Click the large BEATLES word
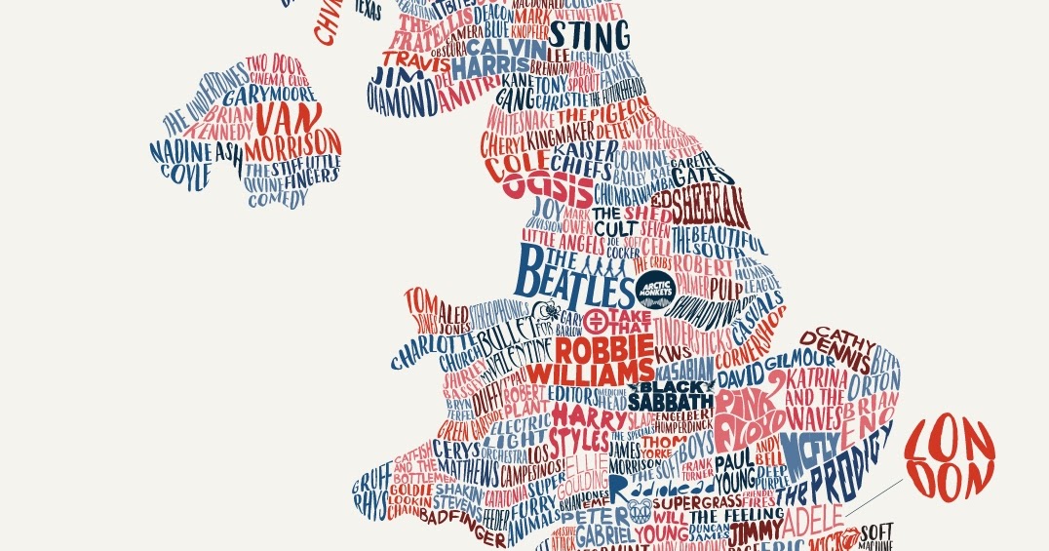[572, 274]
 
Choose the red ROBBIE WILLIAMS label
[604, 360]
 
